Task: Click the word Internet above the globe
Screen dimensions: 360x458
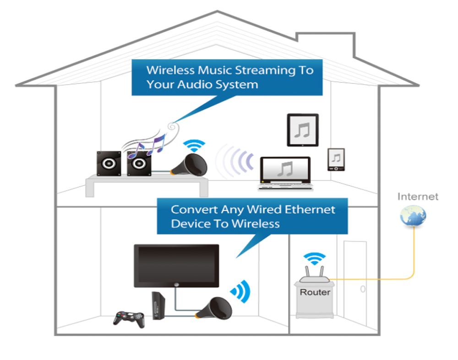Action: [x=418, y=196]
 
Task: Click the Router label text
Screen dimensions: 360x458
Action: [x=315, y=292]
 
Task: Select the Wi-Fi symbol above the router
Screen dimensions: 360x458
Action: [x=315, y=259]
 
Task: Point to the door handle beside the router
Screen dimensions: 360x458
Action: [x=362, y=289]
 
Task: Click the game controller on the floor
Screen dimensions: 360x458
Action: [x=129, y=317]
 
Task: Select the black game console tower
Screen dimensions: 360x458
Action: [x=158, y=305]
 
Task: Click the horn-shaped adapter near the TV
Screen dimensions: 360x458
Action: [x=215, y=308]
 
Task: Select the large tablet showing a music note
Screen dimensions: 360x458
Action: [x=302, y=131]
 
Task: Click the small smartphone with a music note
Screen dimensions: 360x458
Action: [x=336, y=159]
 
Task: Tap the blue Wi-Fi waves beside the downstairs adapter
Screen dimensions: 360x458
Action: [x=241, y=290]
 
